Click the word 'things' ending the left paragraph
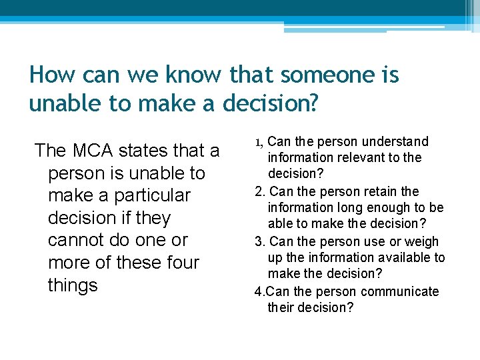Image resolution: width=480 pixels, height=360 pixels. pyautogui.click(x=73, y=285)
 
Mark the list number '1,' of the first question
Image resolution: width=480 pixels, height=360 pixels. pyautogui.click(x=260, y=142)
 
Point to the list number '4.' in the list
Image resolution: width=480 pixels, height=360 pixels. pyautogui.click(x=260, y=291)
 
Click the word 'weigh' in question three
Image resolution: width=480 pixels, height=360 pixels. pyautogui.click(x=423, y=241)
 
